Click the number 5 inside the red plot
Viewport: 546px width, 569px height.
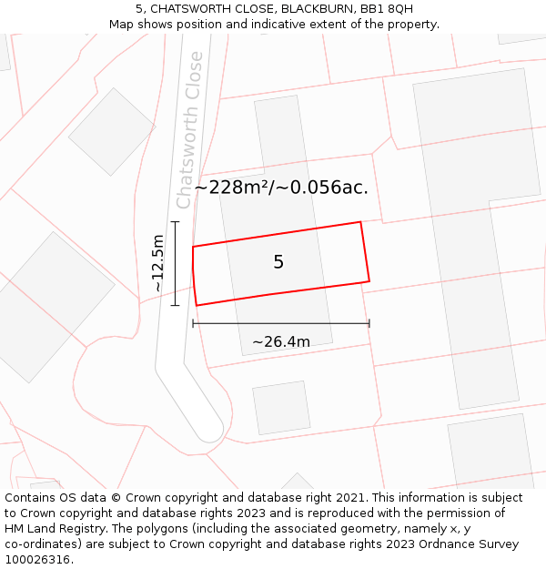(x=278, y=262)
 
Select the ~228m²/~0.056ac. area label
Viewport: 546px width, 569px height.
(x=281, y=188)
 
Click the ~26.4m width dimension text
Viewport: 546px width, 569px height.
(x=281, y=342)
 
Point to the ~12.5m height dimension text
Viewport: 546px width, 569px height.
(x=157, y=263)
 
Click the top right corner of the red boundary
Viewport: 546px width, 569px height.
(x=360, y=222)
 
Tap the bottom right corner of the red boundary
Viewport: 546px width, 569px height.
(x=369, y=281)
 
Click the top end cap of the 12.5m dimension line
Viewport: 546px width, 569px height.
(x=175, y=221)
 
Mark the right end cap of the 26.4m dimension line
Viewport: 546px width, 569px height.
(x=369, y=323)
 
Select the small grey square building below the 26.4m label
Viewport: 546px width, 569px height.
(x=281, y=408)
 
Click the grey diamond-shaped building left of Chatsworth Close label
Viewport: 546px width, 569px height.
(x=111, y=132)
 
